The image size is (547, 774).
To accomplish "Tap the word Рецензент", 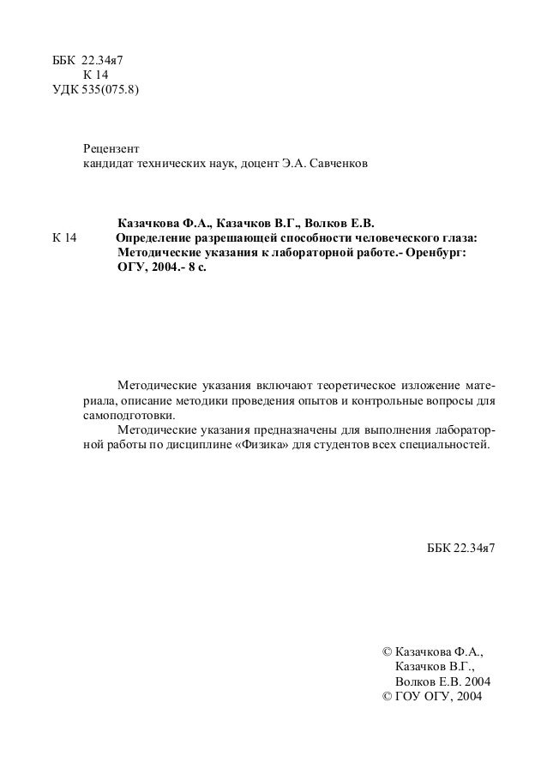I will pos(110,147).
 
